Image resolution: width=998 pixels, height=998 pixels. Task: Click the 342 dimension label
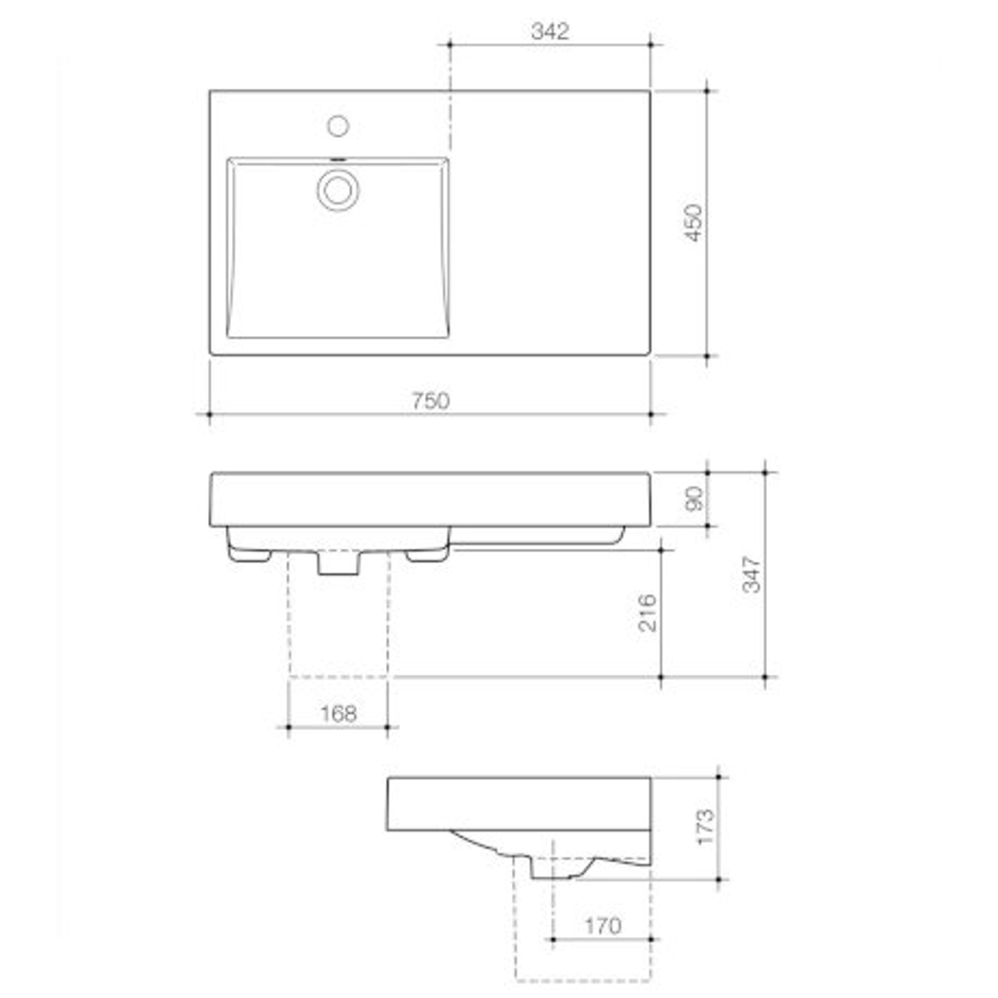(x=550, y=30)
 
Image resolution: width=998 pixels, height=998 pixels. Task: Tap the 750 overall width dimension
(x=431, y=401)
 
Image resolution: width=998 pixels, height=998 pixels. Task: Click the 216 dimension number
(x=647, y=612)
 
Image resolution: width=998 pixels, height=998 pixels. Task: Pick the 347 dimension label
(x=752, y=574)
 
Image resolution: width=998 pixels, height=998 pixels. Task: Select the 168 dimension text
(x=338, y=713)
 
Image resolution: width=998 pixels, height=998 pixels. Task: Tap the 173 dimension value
(x=704, y=827)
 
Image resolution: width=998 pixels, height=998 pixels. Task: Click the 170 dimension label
(x=602, y=925)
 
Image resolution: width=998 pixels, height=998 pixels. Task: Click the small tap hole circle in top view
(x=338, y=124)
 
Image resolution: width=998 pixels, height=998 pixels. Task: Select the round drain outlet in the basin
(x=338, y=189)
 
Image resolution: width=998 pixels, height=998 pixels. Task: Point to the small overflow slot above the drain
(x=338, y=159)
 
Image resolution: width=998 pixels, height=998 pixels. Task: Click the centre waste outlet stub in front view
(x=338, y=563)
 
